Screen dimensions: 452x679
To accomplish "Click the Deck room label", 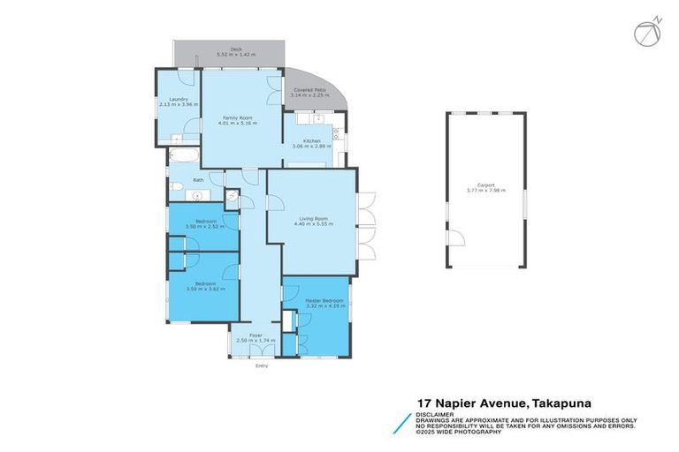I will pos(236,49).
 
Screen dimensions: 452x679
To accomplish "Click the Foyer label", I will pos(256,335).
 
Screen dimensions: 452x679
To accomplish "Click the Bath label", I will pos(187,180).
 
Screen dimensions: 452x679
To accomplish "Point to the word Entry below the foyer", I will pos(261,365).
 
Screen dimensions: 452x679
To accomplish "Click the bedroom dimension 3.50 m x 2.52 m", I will pos(205,226).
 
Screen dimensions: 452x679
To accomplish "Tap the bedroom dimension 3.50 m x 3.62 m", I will pos(205,289).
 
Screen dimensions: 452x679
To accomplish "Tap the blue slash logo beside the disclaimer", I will pos(403,422).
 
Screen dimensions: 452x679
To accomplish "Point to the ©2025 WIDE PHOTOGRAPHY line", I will pos(460,432).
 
